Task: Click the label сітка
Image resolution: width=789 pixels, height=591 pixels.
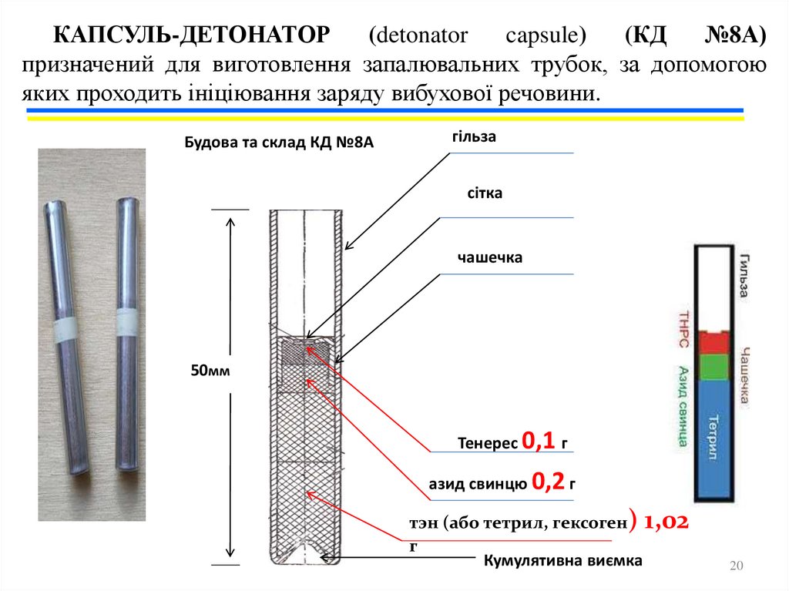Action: tap(485, 193)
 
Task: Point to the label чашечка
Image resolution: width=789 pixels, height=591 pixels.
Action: tap(489, 257)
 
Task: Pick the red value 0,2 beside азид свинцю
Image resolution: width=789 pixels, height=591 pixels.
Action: tap(549, 483)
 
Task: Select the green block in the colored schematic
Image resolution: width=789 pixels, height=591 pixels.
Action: tap(713, 366)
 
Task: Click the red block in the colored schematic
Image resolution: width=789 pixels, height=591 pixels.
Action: tap(713, 341)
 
